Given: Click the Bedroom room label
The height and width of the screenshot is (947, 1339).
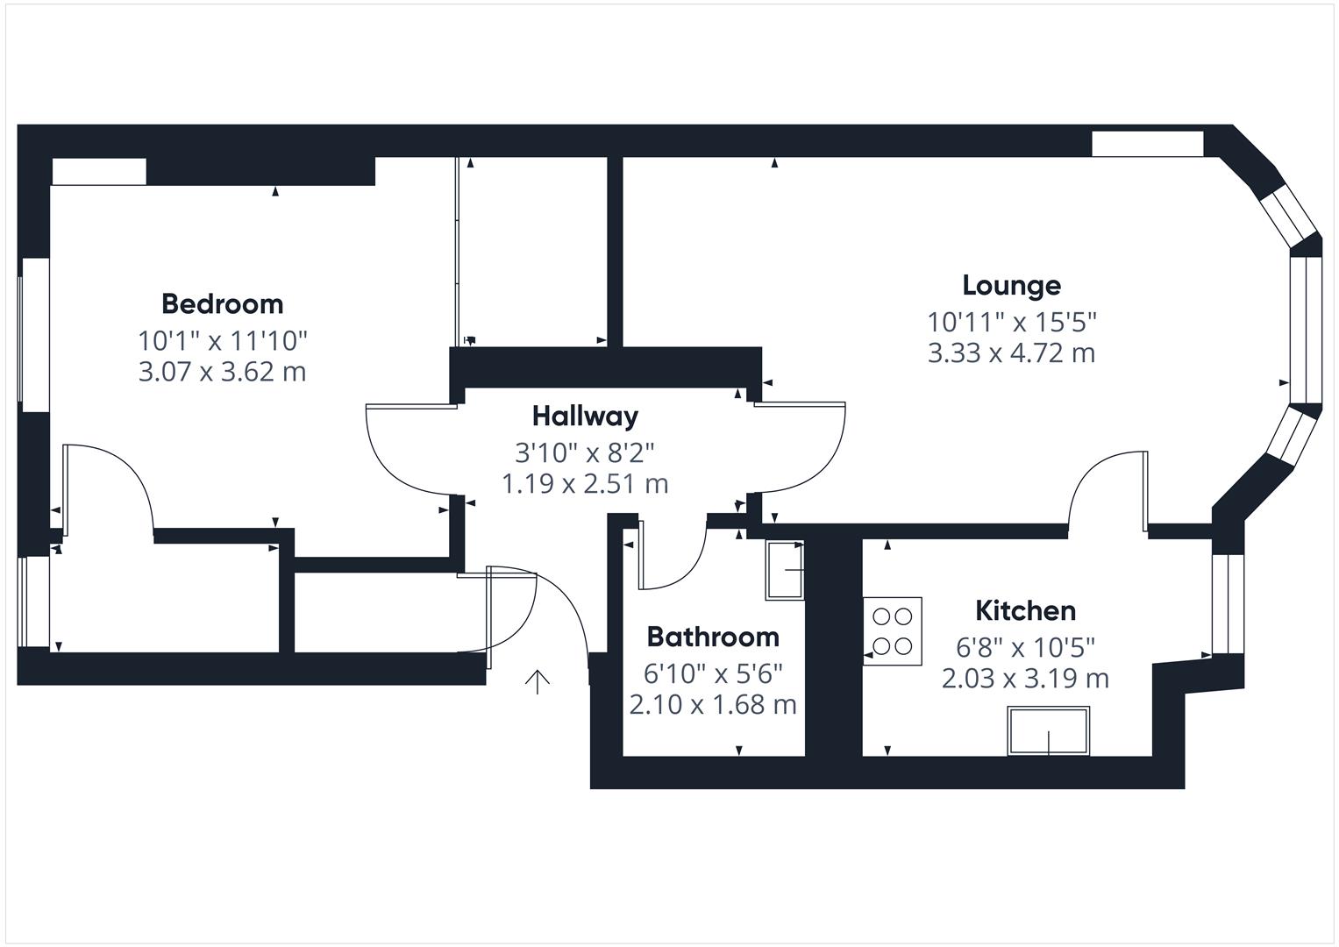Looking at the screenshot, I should (x=222, y=304).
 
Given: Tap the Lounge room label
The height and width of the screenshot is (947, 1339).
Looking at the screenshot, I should (x=1011, y=285).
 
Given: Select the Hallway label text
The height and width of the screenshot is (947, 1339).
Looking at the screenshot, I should (x=585, y=416).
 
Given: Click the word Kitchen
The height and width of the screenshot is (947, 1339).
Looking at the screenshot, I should (x=1025, y=610).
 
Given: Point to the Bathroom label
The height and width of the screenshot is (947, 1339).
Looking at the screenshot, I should (x=712, y=637).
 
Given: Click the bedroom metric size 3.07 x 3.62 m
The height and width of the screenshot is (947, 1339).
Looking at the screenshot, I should (x=222, y=372).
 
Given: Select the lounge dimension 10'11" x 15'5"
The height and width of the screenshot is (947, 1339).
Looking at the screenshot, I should (x=1012, y=322).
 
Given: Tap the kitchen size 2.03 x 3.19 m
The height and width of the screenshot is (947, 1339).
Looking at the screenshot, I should (x=1025, y=679).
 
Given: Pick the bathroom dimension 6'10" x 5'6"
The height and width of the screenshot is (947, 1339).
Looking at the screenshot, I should (x=712, y=673).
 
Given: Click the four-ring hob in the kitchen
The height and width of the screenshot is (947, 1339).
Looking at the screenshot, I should (x=892, y=630).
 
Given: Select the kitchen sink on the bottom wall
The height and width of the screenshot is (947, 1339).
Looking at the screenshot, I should (x=1048, y=730).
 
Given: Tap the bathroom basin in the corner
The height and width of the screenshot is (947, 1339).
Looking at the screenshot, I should (x=784, y=571).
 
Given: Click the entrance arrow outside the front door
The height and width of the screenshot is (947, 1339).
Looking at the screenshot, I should (x=537, y=681).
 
